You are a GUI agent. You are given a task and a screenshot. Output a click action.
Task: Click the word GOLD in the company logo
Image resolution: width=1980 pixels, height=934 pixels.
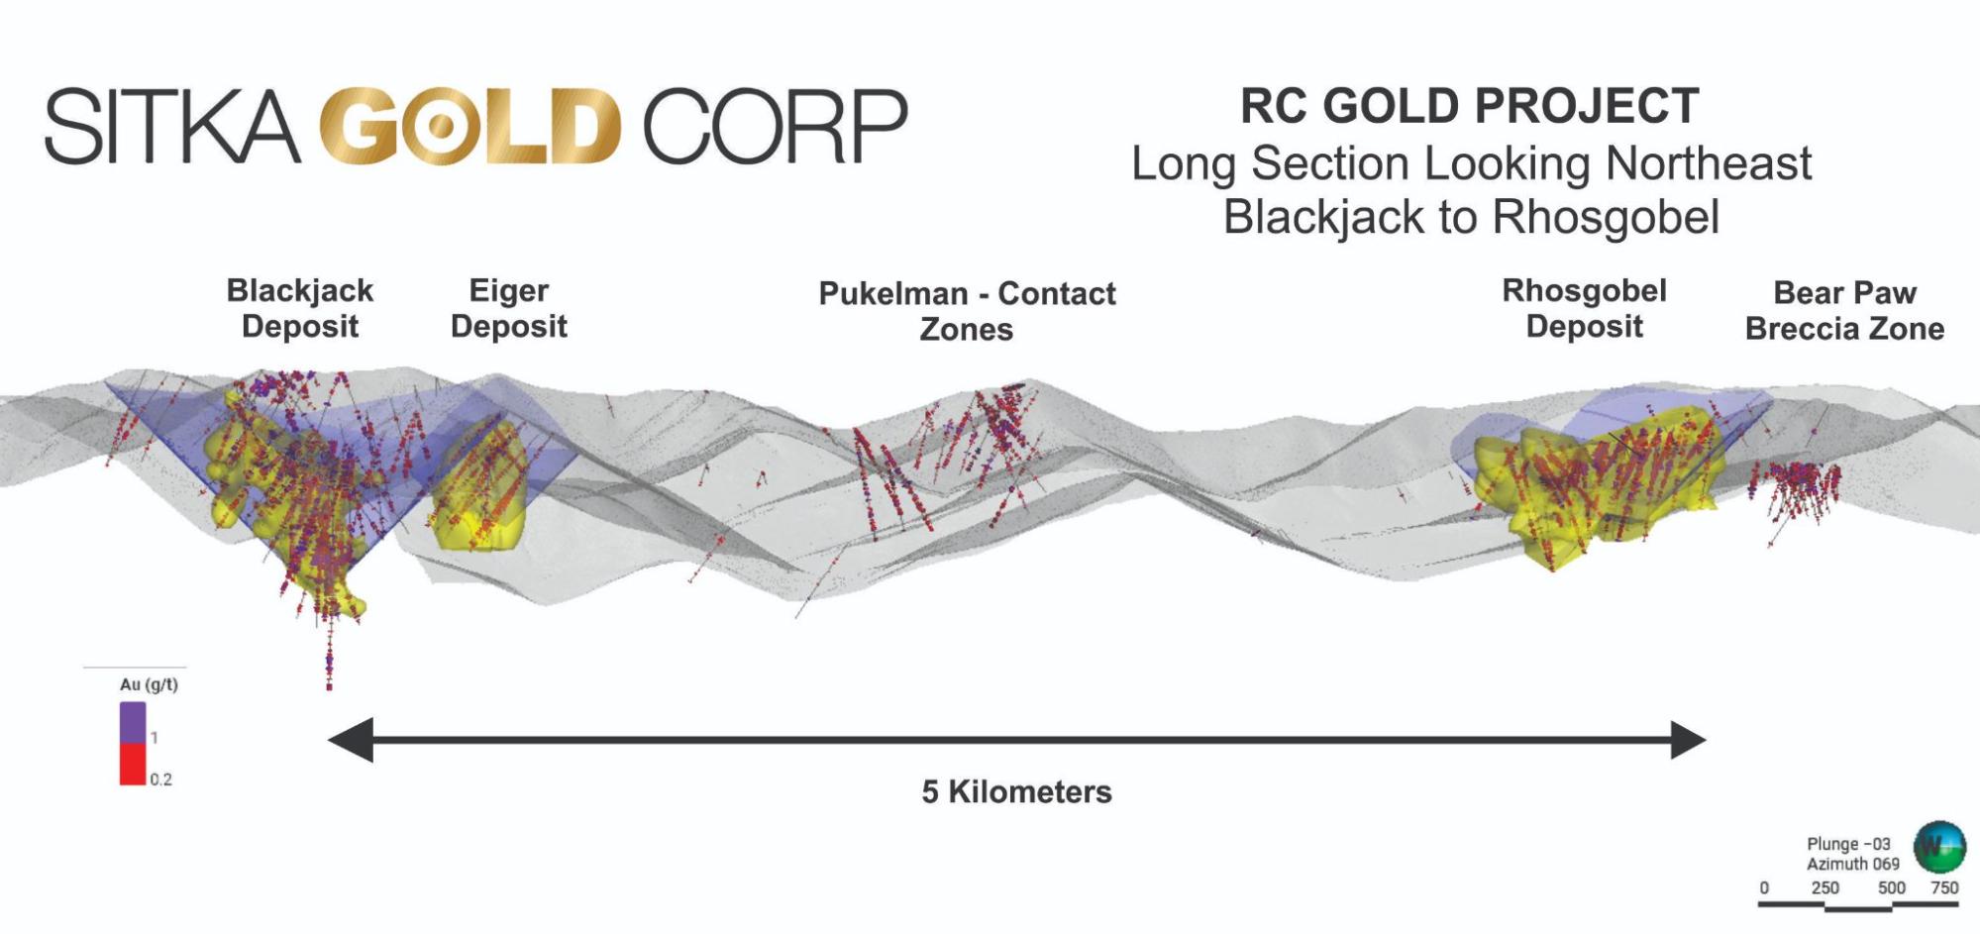470,126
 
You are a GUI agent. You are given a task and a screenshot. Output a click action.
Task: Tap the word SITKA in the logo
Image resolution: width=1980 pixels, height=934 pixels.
171,126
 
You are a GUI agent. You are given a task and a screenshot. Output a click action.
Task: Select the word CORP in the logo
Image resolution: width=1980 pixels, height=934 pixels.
775,126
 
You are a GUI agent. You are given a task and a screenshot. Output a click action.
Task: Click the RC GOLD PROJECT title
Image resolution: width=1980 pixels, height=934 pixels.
1470,106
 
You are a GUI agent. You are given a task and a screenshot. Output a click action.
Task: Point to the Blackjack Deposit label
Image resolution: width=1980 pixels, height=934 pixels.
300,308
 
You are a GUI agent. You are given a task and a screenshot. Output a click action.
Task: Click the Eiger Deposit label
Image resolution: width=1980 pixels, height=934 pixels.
509,308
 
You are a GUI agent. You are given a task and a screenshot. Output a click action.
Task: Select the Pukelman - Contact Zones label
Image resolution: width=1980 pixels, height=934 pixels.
967,311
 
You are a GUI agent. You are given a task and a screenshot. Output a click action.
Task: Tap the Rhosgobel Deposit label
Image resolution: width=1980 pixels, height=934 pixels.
1584,308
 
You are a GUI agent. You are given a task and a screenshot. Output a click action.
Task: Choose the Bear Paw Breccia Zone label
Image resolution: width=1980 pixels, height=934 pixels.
1844,310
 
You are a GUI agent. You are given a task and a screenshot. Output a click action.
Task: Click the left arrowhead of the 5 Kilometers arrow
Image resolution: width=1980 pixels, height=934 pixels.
351,740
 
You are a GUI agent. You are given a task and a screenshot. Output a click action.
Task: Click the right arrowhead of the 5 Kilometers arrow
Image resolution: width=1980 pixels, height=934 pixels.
1686,740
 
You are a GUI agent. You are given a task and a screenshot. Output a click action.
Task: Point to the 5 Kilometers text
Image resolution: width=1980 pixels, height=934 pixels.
1016,791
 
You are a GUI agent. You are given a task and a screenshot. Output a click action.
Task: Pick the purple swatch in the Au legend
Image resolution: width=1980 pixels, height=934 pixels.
133,722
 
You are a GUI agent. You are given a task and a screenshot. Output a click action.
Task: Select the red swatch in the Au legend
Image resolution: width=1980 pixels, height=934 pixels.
133,765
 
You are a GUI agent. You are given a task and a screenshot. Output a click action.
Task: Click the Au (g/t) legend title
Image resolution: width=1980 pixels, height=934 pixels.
149,684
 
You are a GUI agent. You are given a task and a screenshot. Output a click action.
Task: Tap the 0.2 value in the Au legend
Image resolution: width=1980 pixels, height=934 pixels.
160,779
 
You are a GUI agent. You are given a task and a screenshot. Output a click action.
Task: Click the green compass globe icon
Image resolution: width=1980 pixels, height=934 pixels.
1938,846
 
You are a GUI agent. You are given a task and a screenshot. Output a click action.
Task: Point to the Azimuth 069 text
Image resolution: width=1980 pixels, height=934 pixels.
1852,864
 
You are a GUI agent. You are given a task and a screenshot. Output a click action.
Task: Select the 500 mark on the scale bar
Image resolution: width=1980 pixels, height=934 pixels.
1891,887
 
